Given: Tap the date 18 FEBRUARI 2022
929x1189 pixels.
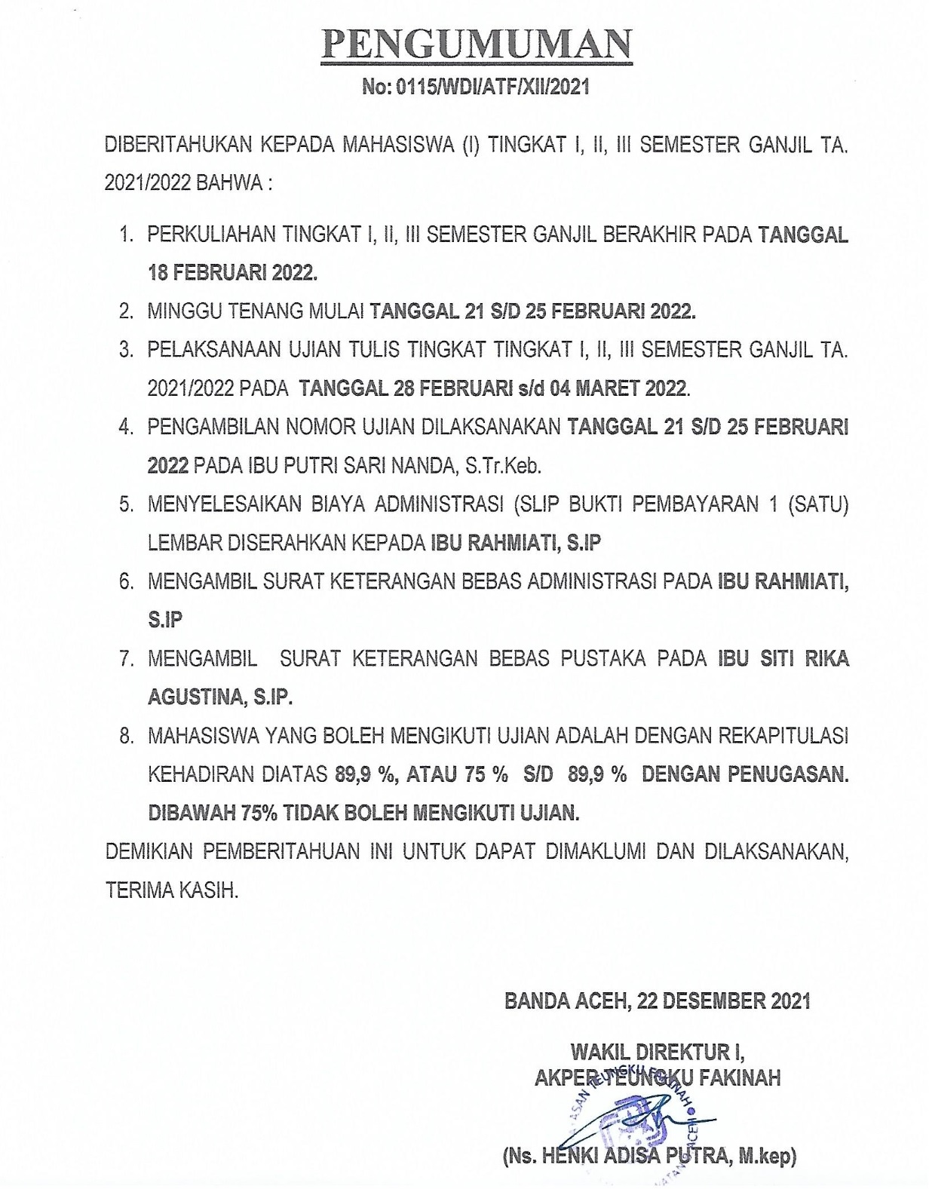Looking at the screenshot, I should tap(232, 273).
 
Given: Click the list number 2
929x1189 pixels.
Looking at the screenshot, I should tap(126, 311).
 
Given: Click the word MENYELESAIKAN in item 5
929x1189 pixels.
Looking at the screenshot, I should tap(222, 504).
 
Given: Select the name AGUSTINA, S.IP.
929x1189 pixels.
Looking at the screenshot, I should tap(219, 697).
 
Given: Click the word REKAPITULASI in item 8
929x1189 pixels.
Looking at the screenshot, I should tap(784, 736).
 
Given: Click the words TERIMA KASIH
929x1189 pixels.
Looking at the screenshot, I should tap(171, 890).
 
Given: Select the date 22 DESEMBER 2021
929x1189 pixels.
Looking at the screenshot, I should tap(723, 1001).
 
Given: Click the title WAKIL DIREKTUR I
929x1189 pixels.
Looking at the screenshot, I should tap(657, 1052).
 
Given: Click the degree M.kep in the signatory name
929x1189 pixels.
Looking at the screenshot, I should tap(766, 1156).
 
